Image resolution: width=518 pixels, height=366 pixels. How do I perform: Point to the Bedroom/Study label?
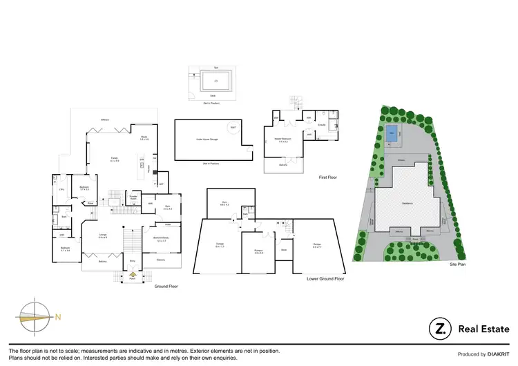coord(162,239)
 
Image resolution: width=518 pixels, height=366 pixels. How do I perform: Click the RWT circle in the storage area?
coord(233,127)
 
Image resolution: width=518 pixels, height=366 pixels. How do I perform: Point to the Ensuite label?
coord(321,125)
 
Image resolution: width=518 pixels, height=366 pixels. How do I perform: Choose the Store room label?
coord(283,249)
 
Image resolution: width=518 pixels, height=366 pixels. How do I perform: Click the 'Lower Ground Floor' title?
coord(325,279)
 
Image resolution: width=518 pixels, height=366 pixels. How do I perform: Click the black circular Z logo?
coord(439,329)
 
